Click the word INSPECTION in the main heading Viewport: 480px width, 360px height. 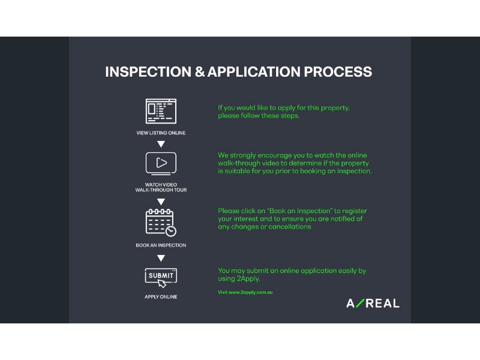148,72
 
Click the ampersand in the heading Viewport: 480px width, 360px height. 200,72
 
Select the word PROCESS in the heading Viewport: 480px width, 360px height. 338,72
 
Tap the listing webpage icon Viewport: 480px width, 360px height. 161,111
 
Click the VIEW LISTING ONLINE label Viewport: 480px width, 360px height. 161,133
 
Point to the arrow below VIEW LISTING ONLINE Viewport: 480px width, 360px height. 161,144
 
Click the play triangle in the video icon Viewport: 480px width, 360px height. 161,163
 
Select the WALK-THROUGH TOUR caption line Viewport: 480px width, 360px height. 161,190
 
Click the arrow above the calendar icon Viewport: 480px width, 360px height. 161,202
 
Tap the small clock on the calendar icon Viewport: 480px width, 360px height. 171,232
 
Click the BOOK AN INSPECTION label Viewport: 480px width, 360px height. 161,245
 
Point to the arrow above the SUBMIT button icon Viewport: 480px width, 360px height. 161,259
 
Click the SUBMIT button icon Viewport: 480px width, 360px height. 161,275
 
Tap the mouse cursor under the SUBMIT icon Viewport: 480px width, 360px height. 162,284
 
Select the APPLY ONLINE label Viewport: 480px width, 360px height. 161,296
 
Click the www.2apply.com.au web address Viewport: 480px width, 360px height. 251,292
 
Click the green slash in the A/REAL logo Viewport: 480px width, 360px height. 361,303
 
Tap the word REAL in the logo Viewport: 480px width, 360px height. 383,304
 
